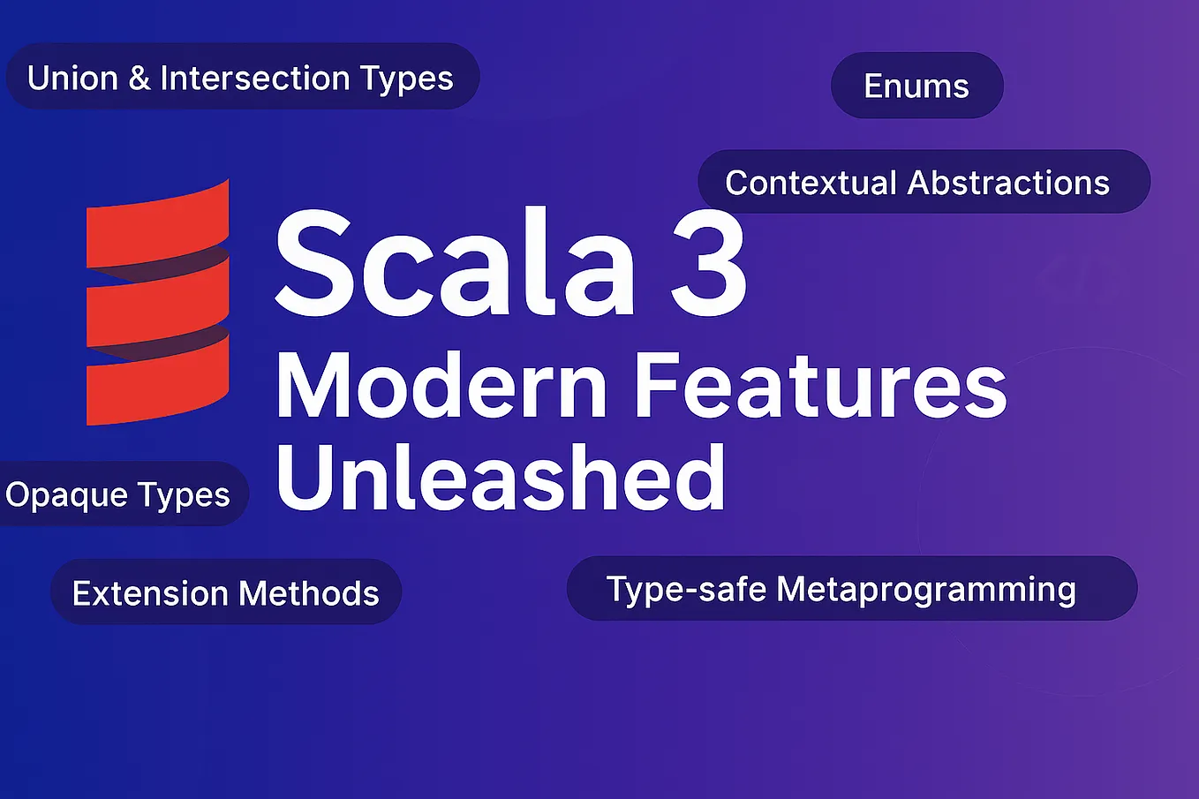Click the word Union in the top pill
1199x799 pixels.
point(72,79)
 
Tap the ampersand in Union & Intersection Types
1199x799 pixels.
point(140,79)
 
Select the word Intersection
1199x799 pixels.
point(255,79)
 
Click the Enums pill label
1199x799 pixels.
point(916,87)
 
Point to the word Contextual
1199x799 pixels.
point(811,183)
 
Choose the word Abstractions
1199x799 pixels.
point(1008,183)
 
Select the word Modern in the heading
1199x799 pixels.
point(442,387)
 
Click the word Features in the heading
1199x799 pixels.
point(821,387)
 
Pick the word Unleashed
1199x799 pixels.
point(501,478)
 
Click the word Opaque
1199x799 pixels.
point(54,495)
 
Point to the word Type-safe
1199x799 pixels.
point(686,589)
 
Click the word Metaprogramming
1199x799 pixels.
point(926,590)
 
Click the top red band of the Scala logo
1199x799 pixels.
point(158,226)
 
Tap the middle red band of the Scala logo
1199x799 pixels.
point(158,304)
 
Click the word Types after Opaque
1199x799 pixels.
point(185,495)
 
